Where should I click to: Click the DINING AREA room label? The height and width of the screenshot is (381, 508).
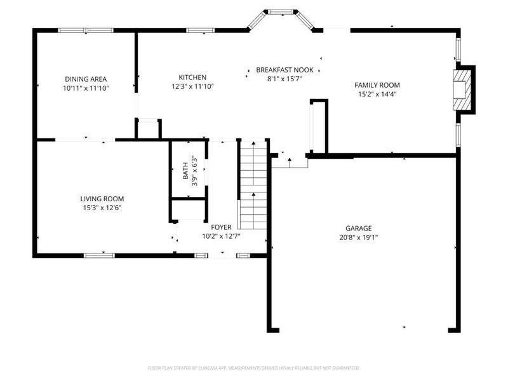86,79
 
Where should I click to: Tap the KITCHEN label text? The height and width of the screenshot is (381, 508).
192,76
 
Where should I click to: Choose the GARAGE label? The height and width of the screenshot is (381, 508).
358,229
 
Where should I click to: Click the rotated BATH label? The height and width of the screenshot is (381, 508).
186,170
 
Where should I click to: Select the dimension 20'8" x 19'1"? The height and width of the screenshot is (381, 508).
358,238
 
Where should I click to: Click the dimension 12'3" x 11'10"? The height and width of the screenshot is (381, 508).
192,86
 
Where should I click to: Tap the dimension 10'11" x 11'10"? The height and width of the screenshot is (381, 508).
86,88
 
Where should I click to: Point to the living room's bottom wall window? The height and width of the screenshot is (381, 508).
100,255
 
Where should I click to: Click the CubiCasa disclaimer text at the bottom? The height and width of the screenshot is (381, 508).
254,368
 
